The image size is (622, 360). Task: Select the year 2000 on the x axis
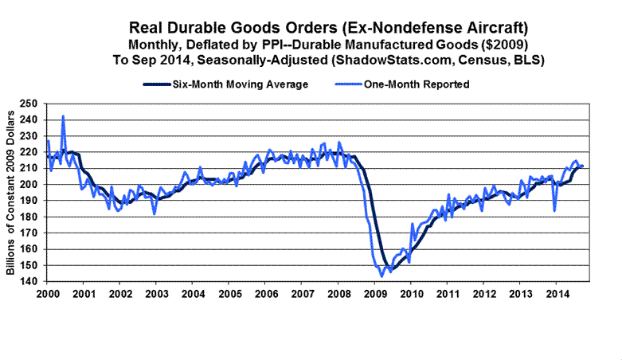coord(46,294)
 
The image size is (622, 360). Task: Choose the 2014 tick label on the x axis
coord(557,294)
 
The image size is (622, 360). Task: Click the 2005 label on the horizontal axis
coord(229,294)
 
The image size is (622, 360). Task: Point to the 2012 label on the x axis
coord(484,294)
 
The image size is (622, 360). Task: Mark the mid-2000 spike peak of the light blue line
coord(63,116)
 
